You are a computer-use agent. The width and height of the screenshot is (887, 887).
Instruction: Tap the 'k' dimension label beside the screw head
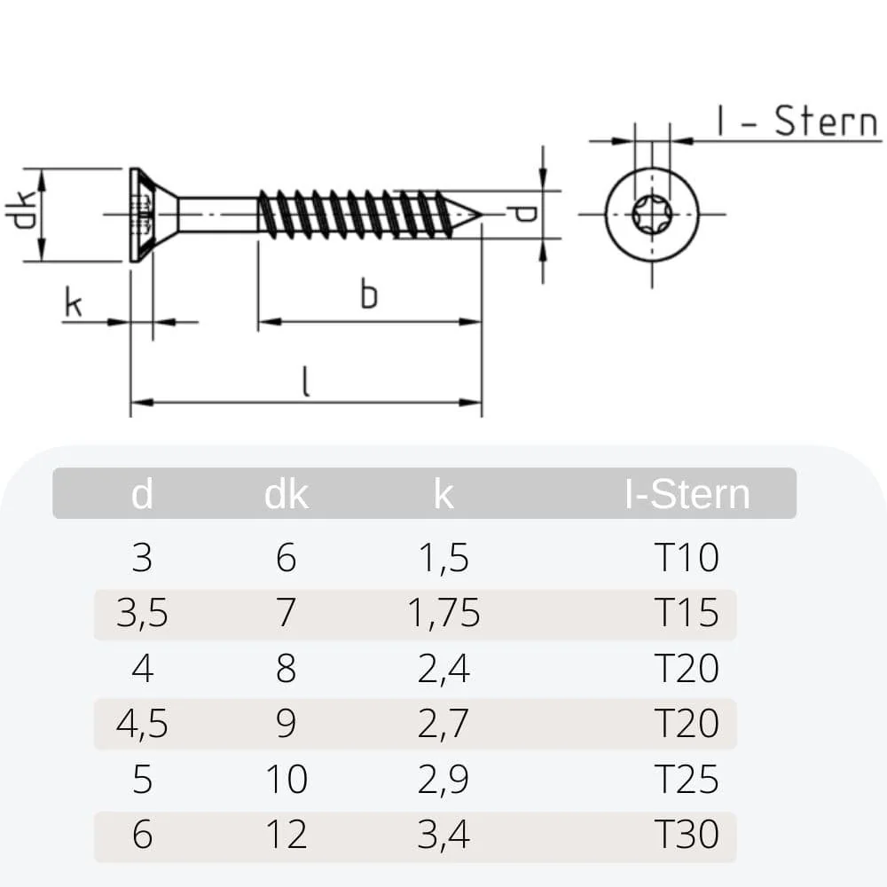click(x=73, y=304)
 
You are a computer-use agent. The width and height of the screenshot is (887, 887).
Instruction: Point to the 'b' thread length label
click(x=368, y=294)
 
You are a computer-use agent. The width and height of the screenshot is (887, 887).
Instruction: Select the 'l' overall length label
click(x=305, y=381)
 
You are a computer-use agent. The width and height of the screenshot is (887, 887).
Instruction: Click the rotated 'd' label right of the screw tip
click(x=526, y=214)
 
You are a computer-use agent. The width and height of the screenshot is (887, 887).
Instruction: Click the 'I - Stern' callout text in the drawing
click(x=797, y=122)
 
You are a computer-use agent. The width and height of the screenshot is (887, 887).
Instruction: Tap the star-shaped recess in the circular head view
click(x=651, y=214)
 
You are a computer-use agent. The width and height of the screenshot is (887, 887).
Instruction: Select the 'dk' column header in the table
click(x=286, y=494)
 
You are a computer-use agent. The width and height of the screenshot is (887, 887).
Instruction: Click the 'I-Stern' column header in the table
click(x=687, y=494)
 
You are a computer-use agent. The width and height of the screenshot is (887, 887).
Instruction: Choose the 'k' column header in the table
click(x=443, y=494)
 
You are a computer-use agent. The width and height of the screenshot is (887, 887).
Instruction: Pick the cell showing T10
click(x=687, y=558)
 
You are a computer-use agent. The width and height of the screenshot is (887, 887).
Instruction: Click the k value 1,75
click(x=443, y=613)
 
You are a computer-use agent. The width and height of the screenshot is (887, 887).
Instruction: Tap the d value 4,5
click(x=142, y=724)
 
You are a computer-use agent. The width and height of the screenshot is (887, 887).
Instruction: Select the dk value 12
click(x=286, y=835)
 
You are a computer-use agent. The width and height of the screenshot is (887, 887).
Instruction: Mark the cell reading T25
click(x=687, y=780)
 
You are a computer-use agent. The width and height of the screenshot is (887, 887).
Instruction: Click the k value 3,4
click(x=443, y=835)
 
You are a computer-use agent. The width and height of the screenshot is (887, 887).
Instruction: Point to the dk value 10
click(x=286, y=780)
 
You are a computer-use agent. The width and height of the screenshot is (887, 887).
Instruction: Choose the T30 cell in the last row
click(x=687, y=835)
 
